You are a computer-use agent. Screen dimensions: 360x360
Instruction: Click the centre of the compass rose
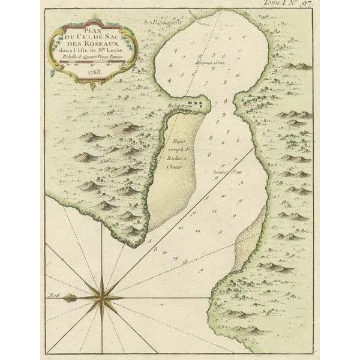pyautogui.click(x=102, y=296)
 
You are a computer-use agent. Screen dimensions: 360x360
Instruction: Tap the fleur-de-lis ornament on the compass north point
pyautogui.click(x=68, y=296)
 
